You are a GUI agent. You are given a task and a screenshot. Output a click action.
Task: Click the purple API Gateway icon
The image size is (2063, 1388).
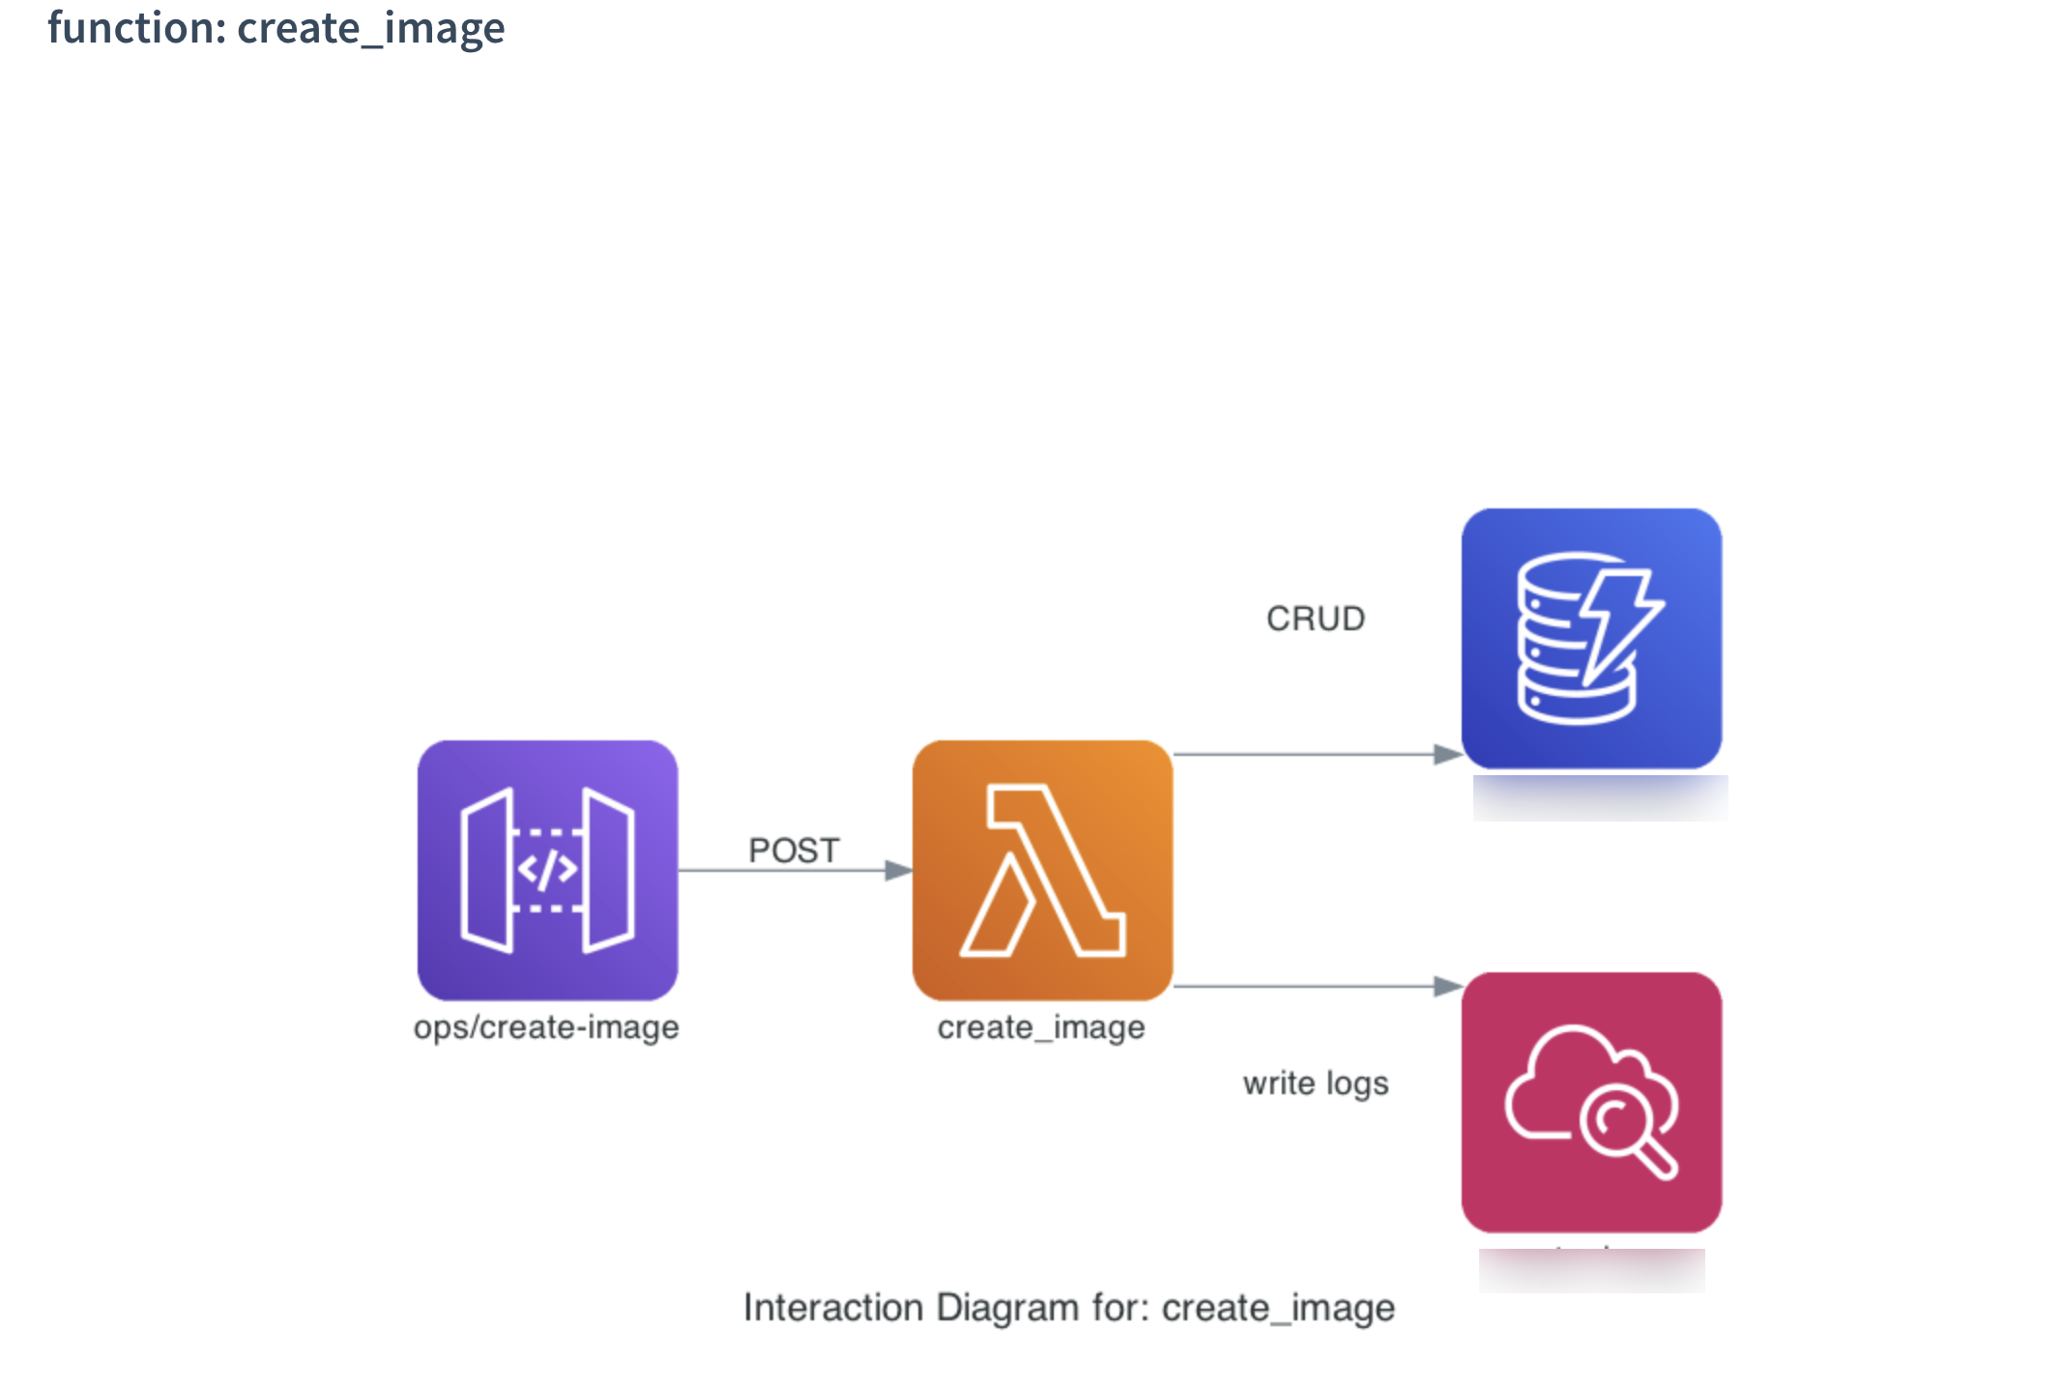click(547, 870)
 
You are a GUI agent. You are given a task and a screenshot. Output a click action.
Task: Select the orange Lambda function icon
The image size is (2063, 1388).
click(1042, 870)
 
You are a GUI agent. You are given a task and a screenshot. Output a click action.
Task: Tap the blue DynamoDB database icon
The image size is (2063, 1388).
click(1591, 638)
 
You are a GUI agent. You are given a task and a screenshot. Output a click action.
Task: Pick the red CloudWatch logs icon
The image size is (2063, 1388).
click(1591, 1102)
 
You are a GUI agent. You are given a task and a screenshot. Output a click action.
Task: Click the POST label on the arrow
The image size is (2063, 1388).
click(794, 851)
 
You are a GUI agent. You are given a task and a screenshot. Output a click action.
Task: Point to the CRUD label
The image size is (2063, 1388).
click(1316, 619)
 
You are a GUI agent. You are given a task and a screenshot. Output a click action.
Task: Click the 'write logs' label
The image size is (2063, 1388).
click(1316, 1084)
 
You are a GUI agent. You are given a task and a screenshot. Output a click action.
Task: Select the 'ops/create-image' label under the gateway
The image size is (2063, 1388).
click(546, 1027)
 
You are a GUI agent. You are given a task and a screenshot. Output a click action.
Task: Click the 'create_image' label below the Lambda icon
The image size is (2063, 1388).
click(1041, 1027)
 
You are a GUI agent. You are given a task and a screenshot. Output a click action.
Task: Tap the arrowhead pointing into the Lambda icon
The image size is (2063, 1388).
click(899, 871)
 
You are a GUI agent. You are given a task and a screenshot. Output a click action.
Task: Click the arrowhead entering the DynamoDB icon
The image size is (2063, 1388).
click(1447, 754)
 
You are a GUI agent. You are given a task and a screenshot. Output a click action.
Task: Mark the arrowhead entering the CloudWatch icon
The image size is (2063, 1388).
click(1447, 986)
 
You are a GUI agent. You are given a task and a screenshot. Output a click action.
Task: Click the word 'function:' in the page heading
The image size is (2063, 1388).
click(136, 28)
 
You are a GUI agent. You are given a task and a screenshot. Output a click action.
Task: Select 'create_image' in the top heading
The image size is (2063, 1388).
click(371, 28)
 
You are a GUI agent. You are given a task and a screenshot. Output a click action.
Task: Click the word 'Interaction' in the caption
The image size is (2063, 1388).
click(833, 1308)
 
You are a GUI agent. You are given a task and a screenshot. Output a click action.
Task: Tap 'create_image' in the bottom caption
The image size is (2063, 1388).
click(1278, 1308)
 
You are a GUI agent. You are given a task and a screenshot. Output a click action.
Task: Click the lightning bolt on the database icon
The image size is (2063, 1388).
click(1619, 623)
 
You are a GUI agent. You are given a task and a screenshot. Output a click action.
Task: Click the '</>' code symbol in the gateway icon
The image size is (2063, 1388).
click(547, 869)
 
